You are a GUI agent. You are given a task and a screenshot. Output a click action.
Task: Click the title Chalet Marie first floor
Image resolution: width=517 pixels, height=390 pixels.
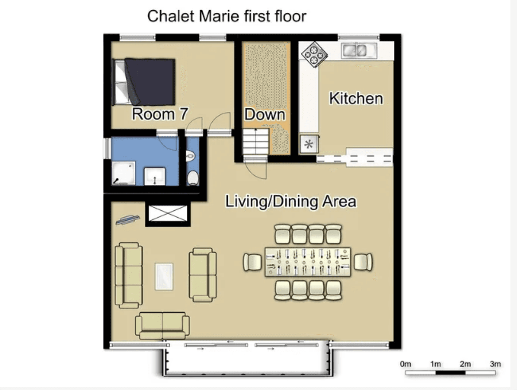pos(226,16)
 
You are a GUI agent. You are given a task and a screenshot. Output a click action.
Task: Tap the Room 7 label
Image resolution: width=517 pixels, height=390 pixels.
pos(160,114)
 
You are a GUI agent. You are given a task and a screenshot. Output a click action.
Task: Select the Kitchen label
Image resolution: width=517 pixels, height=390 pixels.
pos(356,98)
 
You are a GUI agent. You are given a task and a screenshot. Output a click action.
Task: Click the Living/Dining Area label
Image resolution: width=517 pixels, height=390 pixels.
pos(290,201)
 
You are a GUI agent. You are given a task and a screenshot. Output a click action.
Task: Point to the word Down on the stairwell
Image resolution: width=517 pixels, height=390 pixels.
pos(264,114)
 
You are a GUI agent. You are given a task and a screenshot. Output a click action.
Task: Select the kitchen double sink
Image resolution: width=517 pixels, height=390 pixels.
pos(359,51)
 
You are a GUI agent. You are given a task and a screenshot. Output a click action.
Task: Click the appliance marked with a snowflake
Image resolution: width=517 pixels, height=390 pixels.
pos(308,144)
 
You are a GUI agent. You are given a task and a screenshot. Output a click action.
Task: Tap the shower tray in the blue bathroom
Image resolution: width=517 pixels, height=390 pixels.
pos(123,173)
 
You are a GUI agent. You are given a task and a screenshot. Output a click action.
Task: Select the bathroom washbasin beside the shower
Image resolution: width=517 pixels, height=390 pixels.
pos(155,176)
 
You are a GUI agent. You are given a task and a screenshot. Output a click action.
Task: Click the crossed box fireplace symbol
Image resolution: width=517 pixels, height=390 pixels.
pos(168,214)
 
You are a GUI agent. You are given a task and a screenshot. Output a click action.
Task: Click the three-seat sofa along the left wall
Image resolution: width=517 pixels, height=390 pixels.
pos(128,275)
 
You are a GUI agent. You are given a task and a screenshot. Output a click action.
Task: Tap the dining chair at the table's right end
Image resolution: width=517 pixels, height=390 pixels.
pos(363,262)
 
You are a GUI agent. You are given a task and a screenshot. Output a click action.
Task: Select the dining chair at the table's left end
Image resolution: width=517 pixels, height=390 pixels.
pos(252,262)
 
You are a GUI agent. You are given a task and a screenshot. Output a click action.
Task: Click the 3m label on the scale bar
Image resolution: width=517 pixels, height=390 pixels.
pos(495,364)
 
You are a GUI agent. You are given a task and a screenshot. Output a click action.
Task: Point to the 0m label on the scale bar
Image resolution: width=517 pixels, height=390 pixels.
pos(405,364)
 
